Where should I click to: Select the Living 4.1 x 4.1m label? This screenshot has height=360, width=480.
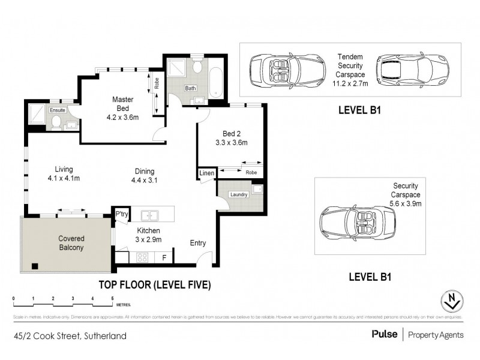tap(63, 173)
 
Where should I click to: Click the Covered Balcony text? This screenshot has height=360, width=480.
tap(71, 242)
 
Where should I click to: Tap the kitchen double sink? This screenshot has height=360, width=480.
tap(149, 215)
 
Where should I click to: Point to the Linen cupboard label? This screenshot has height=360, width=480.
tap(206, 173)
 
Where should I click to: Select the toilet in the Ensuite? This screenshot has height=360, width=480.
tap(55, 123)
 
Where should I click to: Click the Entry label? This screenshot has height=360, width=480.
tap(199, 242)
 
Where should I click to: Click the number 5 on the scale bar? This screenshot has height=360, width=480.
tap(112, 298)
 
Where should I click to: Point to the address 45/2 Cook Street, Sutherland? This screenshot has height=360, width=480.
tap(71, 336)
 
